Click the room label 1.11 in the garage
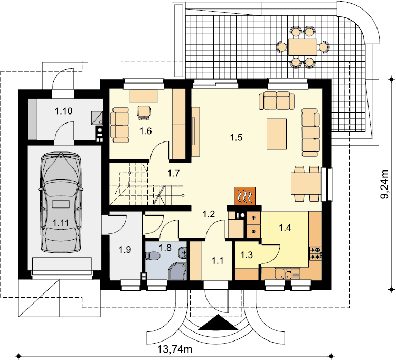coord(61,223)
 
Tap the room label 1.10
coord(64,111)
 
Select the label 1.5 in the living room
coord(236,138)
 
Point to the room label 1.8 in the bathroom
coord(165,248)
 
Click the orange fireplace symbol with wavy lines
coord(244,196)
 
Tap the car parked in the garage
coord(61,202)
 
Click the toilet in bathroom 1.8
coord(152,256)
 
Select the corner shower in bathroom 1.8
coord(177,271)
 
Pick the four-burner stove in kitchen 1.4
coord(315,253)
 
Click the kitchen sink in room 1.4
coord(287,274)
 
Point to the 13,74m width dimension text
coord(175,349)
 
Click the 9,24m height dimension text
coord(384,185)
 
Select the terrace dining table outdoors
coord(303,47)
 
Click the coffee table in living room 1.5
coord(277,134)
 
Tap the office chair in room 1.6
coord(144,112)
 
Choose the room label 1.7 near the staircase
coord(174,174)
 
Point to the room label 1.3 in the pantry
coord(247,255)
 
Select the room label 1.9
coord(125,250)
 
